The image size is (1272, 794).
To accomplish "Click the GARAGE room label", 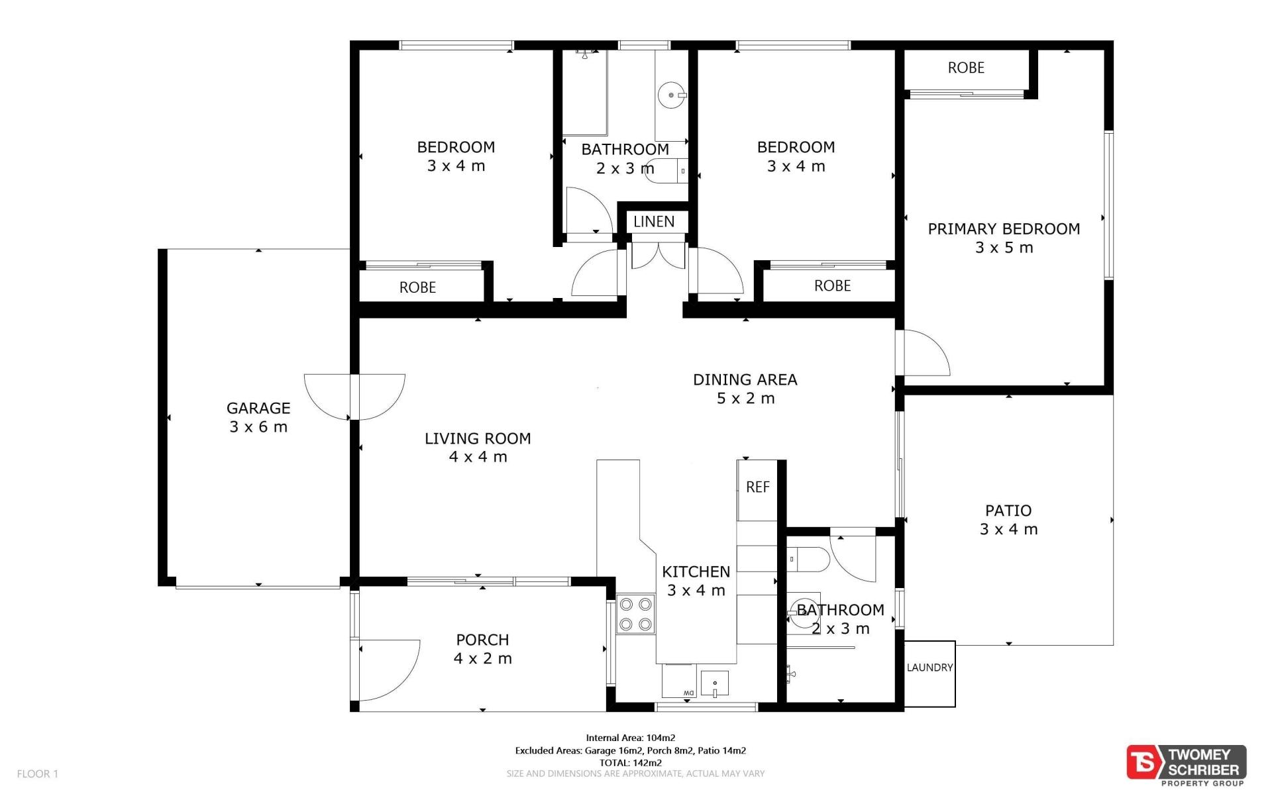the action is click(258, 409).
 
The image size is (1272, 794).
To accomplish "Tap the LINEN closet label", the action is click(654, 222).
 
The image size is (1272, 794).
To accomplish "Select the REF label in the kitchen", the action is click(758, 487).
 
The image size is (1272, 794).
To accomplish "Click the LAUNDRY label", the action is click(929, 668).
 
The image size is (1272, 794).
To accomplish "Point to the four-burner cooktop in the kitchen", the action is click(635, 614).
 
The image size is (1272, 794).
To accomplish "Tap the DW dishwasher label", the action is click(688, 693).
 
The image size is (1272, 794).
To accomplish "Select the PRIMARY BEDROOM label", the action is click(1004, 229).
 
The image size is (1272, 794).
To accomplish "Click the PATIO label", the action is click(1008, 511).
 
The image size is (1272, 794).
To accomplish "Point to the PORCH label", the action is click(482, 640).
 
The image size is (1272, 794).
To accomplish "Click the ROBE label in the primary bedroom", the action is click(966, 68).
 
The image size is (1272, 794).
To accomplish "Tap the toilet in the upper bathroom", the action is click(668, 171).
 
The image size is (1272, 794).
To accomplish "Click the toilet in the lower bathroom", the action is click(808, 560).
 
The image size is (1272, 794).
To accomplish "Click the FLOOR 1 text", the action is click(38, 773).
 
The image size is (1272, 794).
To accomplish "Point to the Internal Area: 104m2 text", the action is click(631, 738).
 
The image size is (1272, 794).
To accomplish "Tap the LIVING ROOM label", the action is click(478, 438).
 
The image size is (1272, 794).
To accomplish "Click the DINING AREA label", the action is click(745, 380).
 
